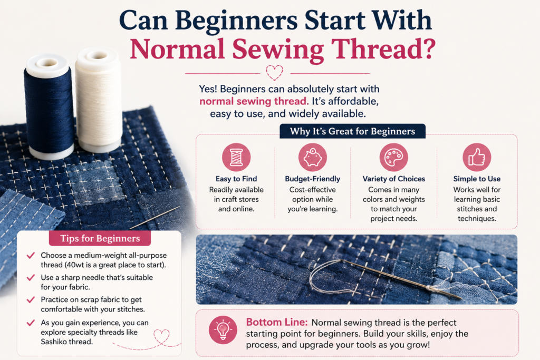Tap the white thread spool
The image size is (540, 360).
[99, 100]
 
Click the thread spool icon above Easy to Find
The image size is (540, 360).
[236, 157]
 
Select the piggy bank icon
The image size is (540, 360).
[312, 157]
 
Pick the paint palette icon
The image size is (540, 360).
[393, 157]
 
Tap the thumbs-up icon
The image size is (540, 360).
[477, 157]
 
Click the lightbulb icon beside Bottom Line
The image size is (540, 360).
[223, 330]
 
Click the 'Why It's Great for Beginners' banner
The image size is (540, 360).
[352, 131]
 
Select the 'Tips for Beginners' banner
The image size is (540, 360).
[100, 238]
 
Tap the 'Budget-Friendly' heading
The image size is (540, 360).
[312, 179]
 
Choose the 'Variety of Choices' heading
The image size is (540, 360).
[393, 179]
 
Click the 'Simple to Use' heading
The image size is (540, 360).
[477, 179]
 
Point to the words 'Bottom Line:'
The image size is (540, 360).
[276, 322]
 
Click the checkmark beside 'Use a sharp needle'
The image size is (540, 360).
[31, 277]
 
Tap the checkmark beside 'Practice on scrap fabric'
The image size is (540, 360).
[31, 299]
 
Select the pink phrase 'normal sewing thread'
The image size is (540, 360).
[253, 101]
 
